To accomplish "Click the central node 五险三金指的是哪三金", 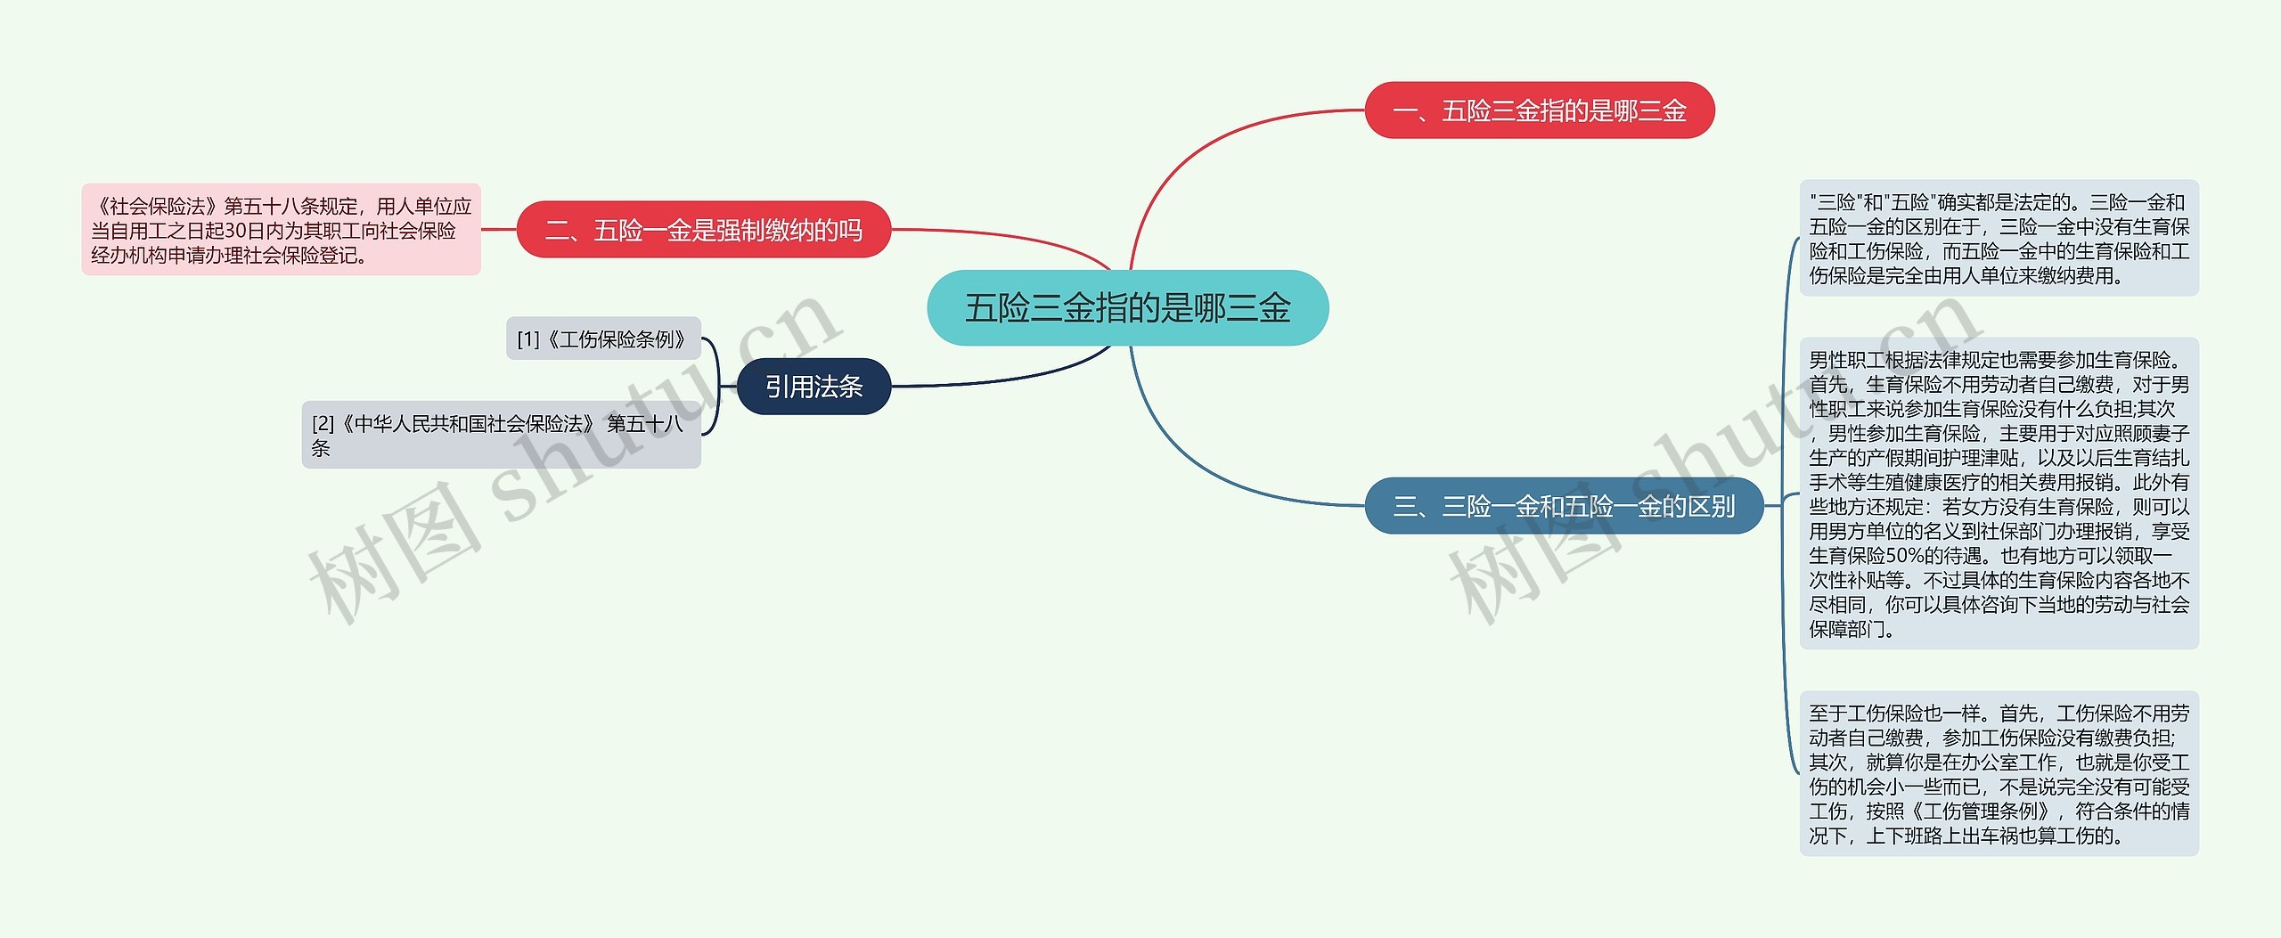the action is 1127,308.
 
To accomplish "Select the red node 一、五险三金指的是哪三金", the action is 1539,110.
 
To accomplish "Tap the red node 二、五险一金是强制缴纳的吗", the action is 703,230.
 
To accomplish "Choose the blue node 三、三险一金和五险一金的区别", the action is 1563,506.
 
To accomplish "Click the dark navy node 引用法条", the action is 813,387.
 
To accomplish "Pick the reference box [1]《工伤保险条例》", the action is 603,339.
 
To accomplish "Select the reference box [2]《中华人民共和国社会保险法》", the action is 501,435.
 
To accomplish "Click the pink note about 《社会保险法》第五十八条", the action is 281,230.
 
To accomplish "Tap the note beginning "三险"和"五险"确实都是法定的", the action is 1998,239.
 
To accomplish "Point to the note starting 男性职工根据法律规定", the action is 1998,493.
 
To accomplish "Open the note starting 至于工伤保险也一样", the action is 1998,773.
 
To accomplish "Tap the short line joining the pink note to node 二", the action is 499,230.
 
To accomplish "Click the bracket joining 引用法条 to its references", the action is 717,387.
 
